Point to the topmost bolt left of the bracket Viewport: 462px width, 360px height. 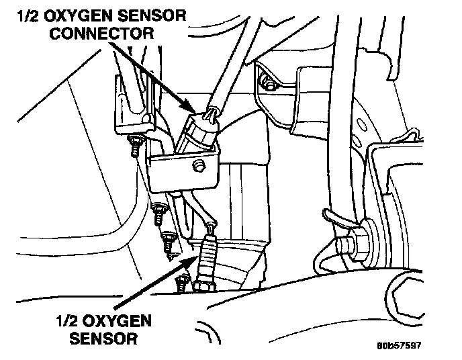(135, 144)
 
